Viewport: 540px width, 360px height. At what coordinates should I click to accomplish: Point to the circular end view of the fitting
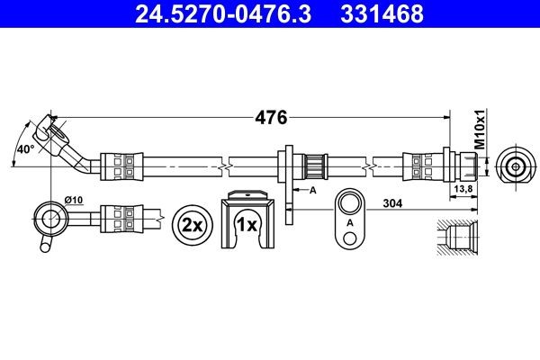[x=514, y=166]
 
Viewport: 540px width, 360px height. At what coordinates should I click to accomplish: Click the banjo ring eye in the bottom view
[x=48, y=215]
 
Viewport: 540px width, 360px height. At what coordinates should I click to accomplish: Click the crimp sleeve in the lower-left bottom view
[x=121, y=217]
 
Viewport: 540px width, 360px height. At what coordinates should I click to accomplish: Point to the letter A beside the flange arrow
[x=313, y=191]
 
